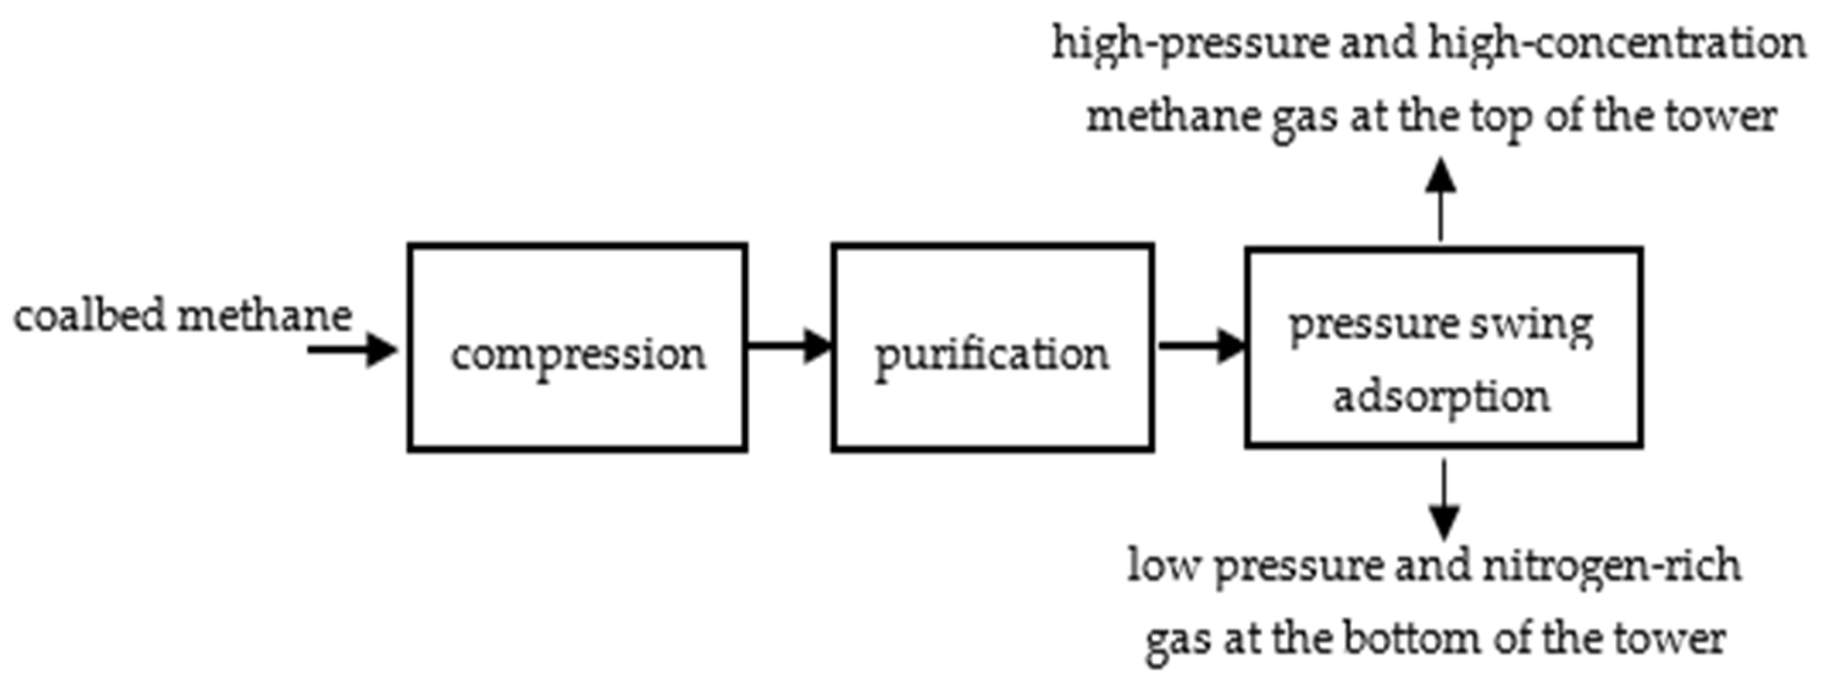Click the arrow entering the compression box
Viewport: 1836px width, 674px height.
(x=352, y=349)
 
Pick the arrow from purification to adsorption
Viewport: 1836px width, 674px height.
(x=1200, y=346)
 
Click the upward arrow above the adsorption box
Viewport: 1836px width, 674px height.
(x=1441, y=199)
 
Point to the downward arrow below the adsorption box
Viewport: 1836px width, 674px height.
(x=1444, y=499)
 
